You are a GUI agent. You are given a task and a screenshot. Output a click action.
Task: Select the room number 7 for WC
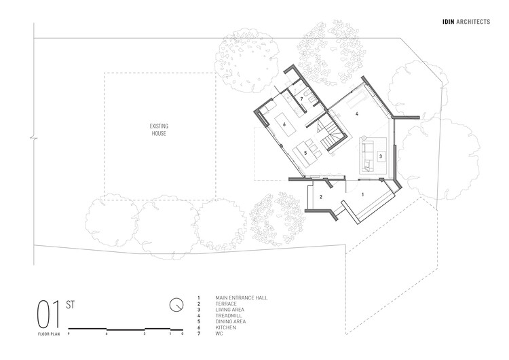point(301,99)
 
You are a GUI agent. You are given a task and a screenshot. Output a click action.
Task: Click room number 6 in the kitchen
point(284,125)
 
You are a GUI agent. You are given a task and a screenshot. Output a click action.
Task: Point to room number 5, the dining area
point(306,154)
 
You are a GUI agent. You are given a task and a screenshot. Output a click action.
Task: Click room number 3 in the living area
point(380,156)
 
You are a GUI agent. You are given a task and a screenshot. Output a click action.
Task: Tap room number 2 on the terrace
point(321,197)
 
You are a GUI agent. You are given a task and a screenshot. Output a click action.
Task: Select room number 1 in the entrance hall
point(362,194)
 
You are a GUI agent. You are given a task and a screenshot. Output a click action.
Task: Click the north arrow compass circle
point(176,304)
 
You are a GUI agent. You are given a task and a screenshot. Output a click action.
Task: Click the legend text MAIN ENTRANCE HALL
point(240,298)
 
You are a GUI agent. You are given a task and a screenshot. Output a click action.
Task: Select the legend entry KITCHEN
point(225,327)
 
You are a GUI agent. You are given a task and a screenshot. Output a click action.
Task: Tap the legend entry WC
point(219,333)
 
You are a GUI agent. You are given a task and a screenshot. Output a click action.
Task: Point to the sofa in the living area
point(368,155)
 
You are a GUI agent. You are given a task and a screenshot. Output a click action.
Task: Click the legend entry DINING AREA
point(231,321)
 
